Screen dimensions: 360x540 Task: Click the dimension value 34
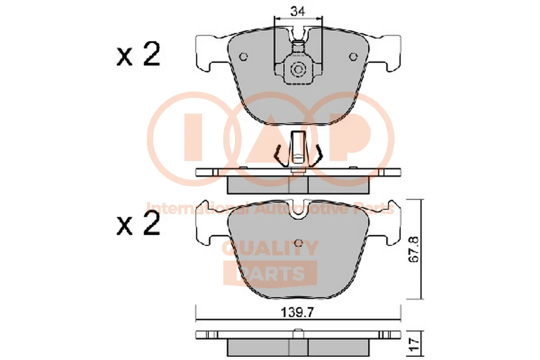[x=297, y=12]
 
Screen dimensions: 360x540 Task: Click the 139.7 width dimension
[x=297, y=313]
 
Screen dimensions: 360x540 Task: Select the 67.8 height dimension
[x=414, y=249]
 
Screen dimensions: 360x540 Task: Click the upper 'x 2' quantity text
[x=138, y=55]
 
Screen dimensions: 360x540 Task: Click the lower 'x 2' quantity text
[x=138, y=224]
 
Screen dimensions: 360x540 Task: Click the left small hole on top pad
[x=244, y=57]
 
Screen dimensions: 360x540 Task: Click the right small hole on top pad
[x=353, y=57]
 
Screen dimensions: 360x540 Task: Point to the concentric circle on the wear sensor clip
[x=297, y=70]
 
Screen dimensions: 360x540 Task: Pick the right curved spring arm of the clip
[x=318, y=155]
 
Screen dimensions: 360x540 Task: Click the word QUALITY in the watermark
[x=270, y=248]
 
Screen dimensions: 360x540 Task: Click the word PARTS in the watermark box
[x=270, y=273]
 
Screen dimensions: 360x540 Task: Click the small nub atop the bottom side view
[x=299, y=331]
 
